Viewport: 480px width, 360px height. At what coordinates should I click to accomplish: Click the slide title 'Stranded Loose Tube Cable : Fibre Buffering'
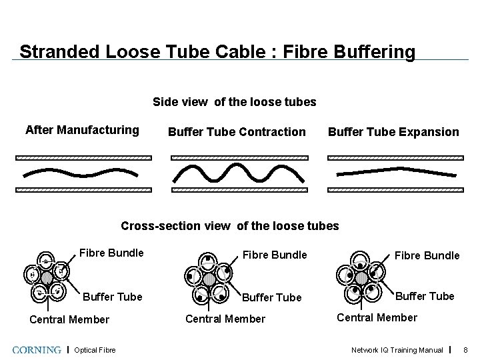[217, 51]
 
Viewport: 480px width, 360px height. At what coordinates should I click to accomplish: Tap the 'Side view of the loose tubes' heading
[235, 102]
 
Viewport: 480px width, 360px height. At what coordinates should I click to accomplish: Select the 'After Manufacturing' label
[82, 130]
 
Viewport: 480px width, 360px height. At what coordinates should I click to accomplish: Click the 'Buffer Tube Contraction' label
[237, 132]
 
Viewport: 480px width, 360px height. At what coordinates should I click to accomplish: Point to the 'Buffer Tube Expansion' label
[393, 132]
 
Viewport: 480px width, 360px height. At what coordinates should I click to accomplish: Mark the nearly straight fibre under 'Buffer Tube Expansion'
[396, 172]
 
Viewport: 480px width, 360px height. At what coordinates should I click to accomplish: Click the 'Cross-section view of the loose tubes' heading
[230, 226]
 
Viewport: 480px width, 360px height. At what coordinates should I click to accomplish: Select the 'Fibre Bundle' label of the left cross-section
[111, 253]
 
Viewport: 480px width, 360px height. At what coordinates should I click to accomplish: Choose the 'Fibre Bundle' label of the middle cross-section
[275, 255]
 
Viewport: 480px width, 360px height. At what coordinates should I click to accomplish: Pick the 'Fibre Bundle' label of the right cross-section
[427, 255]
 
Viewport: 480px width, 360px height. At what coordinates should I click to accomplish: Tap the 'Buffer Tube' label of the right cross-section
[425, 296]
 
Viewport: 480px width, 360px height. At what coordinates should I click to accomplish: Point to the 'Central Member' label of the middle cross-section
[225, 319]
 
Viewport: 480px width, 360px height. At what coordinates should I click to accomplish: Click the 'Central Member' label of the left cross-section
[69, 319]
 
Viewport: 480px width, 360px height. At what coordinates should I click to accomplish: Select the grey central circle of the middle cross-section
[209, 279]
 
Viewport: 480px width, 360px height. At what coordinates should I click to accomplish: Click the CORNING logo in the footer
[39, 349]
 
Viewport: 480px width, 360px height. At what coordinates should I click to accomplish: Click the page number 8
[466, 350]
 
